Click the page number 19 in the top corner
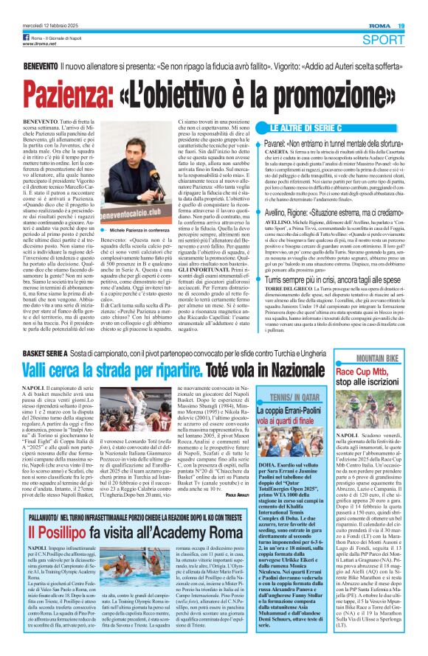coord(418,6)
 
